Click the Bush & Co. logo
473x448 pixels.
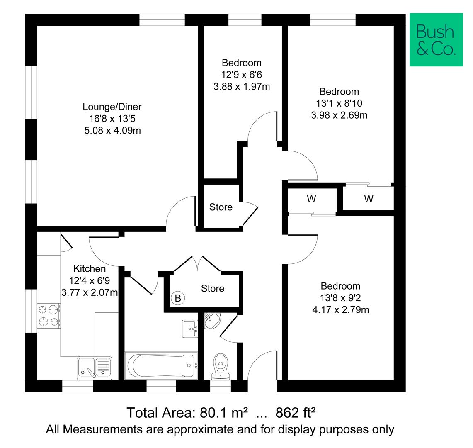click(x=436, y=40)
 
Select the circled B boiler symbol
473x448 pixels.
click(x=178, y=298)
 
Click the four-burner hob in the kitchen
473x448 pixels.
click(x=49, y=315)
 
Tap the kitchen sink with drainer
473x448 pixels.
click(x=94, y=368)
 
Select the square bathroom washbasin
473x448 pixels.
click(x=190, y=329)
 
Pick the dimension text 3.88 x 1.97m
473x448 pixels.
click(x=242, y=87)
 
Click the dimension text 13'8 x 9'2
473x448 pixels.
click(x=340, y=298)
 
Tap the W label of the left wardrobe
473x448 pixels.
click(x=311, y=199)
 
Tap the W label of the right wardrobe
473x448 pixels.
click(x=369, y=199)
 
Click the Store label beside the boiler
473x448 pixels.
click(x=213, y=288)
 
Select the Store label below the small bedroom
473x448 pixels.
click(x=221, y=207)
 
